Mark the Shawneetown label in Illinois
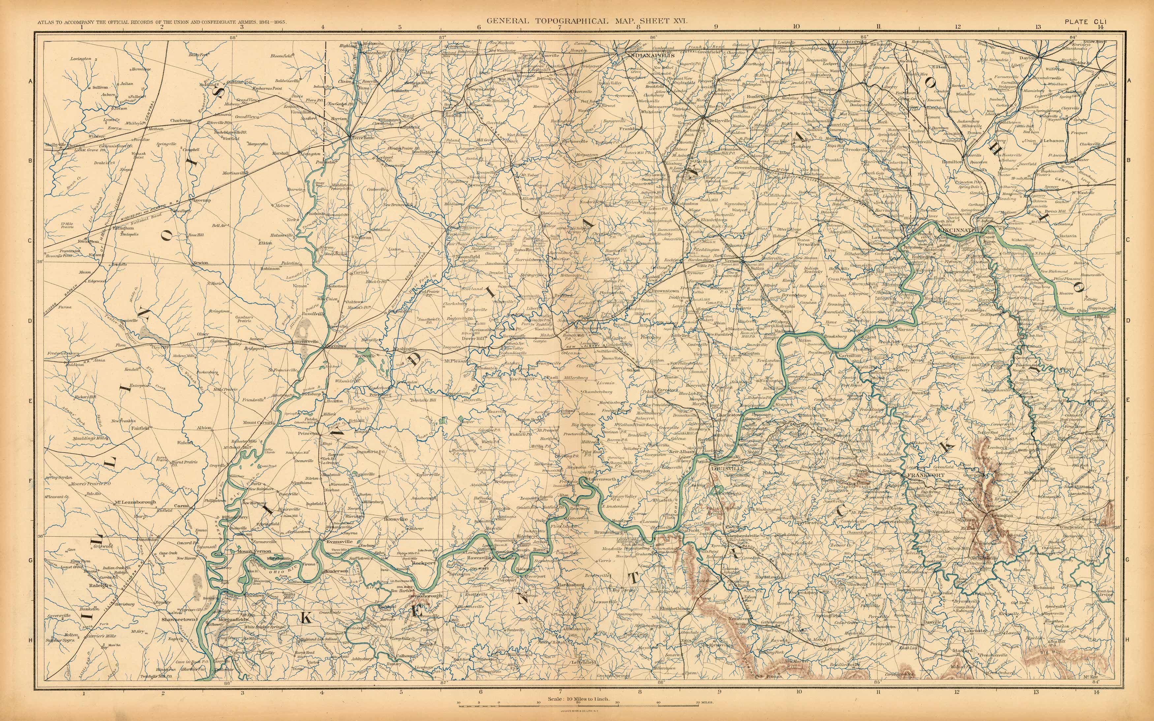pos(179,619)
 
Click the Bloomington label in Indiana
pos(555,213)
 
